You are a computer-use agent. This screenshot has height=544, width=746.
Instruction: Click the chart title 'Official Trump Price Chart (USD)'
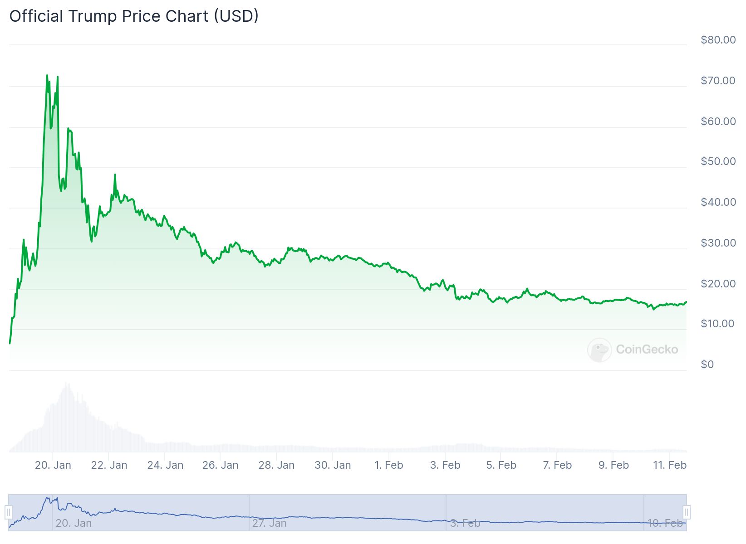tap(134, 16)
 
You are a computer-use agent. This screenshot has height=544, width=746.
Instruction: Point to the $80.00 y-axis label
tap(718, 40)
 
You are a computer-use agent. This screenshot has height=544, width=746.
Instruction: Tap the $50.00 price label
tap(718, 161)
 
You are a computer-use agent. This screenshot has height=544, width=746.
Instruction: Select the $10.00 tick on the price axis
tap(717, 324)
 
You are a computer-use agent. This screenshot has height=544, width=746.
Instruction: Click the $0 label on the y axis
tap(707, 364)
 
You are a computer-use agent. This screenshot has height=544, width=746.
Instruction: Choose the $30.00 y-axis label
tap(718, 243)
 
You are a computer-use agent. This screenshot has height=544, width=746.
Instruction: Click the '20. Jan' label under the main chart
tap(53, 465)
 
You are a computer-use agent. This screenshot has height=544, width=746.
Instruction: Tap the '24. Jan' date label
tap(165, 465)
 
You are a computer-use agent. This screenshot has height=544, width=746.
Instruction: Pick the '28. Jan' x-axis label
tap(276, 465)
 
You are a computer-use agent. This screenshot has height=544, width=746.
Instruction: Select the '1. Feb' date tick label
tap(389, 465)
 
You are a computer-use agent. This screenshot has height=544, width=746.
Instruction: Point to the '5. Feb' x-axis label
tap(501, 465)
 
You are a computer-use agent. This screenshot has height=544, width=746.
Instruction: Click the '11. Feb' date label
tap(669, 465)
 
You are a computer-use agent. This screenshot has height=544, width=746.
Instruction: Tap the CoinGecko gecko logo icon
tap(599, 350)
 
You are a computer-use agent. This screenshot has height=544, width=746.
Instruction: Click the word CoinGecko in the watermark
tap(647, 350)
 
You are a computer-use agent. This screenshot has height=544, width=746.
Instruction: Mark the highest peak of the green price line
tap(47, 75)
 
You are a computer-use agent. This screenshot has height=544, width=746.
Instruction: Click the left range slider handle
tap(8, 512)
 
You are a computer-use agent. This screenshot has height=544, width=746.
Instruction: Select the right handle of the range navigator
tap(687, 512)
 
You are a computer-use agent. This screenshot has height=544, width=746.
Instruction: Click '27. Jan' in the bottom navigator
tap(269, 523)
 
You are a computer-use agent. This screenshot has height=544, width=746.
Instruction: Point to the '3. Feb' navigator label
tap(465, 523)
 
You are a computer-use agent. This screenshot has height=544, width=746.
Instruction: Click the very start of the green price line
tap(10, 343)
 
